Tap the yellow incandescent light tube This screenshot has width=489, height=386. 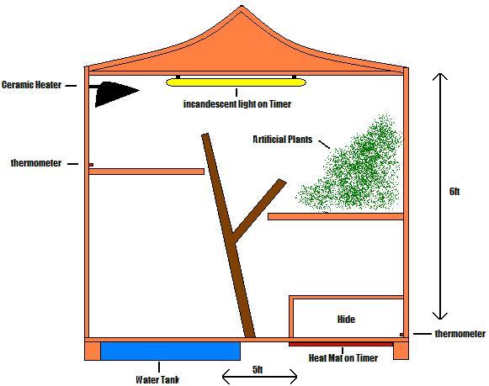(x=236, y=82)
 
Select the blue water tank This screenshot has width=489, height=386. (x=170, y=352)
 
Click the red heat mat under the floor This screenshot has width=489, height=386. (x=341, y=344)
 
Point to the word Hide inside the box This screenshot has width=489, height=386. (x=346, y=319)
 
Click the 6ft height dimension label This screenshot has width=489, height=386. (x=454, y=191)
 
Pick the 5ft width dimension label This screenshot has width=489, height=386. (x=258, y=369)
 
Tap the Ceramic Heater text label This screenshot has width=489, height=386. (x=31, y=85)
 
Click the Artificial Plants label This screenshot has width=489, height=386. (x=283, y=140)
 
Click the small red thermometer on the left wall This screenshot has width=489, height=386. (x=91, y=165)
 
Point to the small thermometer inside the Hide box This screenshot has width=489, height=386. (x=401, y=335)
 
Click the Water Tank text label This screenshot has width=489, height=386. (x=157, y=379)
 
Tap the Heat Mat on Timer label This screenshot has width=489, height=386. (x=343, y=358)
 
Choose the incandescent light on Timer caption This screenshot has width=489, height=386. (x=237, y=103)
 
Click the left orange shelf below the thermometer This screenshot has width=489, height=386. (x=146, y=172)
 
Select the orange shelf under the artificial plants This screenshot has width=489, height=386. (x=336, y=216)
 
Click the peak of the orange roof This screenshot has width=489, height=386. (x=242, y=6)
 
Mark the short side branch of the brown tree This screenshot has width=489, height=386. (x=259, y=210)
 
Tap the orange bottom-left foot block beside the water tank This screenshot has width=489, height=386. (x=93, y=352)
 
